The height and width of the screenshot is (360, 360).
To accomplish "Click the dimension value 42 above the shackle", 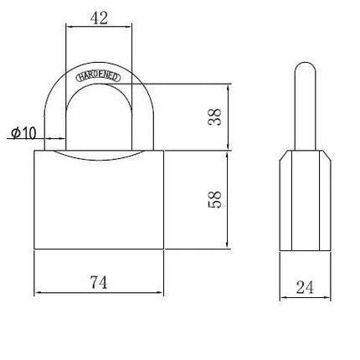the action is click(99, 18).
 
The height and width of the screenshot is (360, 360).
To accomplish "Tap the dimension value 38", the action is click(215, 116).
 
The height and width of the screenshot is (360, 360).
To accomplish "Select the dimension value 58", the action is click(215, 199).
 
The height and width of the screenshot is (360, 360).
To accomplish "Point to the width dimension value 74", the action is click(99, 282).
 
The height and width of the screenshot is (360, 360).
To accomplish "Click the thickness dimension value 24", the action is click(305, 287).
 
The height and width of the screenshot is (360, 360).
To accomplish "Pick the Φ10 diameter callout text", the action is click(23, 133).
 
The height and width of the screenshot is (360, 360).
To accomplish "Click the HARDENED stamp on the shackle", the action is click(99, 77).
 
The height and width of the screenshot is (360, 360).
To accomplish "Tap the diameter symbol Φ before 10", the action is click(16, 133).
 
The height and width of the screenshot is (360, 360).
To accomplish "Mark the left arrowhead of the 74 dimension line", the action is click(37, 292).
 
